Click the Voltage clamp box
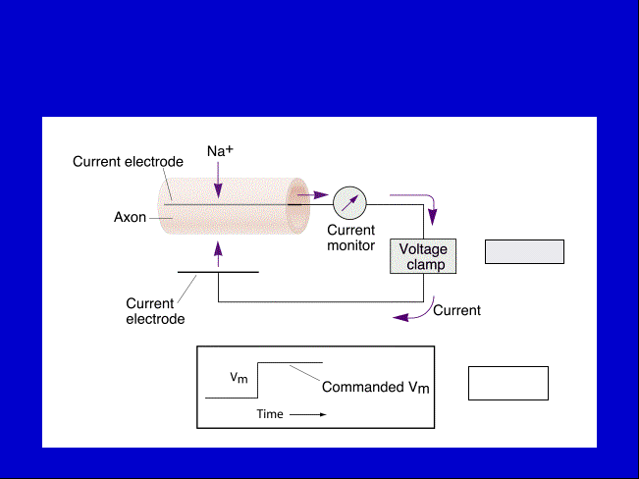[x=423, y=256]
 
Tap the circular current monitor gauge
[x=349, y=203]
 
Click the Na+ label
[x=220, y=151]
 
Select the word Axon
[x=130, y=217]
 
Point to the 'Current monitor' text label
[x=350, y=238]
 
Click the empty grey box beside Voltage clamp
[x=524, y=252]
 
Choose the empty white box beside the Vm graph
[x=508, y=383]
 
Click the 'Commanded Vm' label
[x=375, y=387]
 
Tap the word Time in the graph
[x=270, y=414]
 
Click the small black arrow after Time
[x=308, y=414]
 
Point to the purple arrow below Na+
[x=218, y=180]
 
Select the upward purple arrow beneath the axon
[x=218, y=254]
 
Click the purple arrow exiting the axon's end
[x=313, y=195]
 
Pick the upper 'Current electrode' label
[x=128, y=161]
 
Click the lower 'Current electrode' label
[x=155, y=311]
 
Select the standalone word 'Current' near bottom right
[x=456, y=310]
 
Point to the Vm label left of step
[x=239, y=378]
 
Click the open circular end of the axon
[x=297, y=206]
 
